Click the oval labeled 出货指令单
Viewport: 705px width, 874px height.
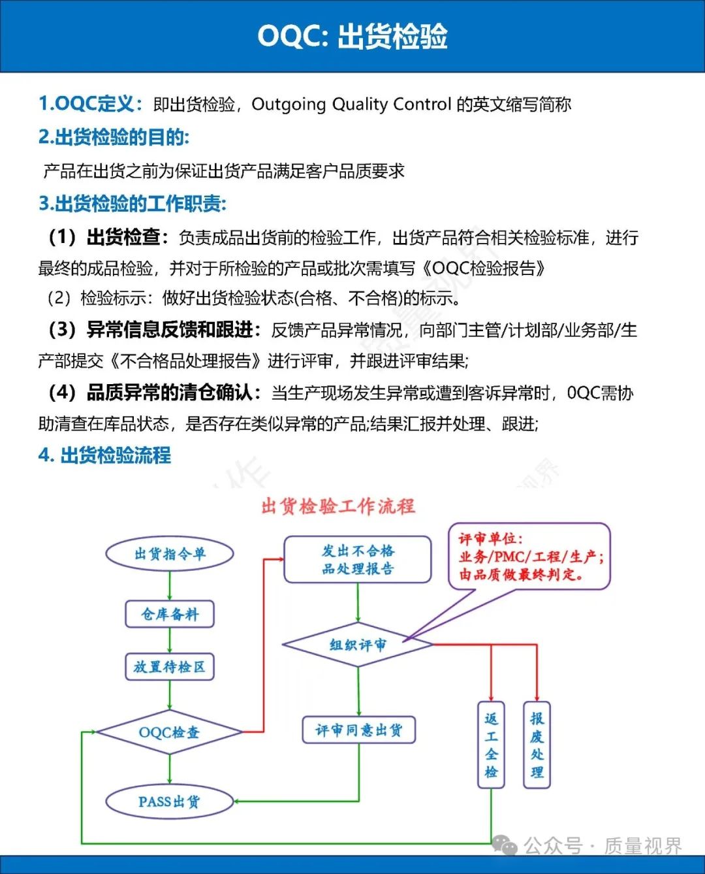click(170, 554)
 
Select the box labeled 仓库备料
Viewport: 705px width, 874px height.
click(170, 614)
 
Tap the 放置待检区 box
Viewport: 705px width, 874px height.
click(170, 667)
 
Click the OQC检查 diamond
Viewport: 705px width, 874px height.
click(169, 732)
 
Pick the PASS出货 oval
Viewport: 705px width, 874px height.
click(169, 801)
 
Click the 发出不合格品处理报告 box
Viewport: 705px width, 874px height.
click(358, 560)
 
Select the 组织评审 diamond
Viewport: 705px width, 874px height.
click(358, 645)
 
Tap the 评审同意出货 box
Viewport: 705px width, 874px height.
click(358, 730)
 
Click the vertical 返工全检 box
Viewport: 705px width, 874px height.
click(492, 745)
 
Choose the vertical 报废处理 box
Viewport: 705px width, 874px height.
click(537, 745)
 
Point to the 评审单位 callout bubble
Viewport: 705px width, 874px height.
click(529, 557)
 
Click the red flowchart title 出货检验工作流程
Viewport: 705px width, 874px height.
click(338, 506)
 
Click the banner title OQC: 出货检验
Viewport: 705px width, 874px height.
click(352, 37)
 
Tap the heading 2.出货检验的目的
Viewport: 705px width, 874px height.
click(114, 137)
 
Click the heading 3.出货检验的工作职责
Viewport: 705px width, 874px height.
click(133, 204)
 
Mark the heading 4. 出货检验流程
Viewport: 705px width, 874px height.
click(104, 455)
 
